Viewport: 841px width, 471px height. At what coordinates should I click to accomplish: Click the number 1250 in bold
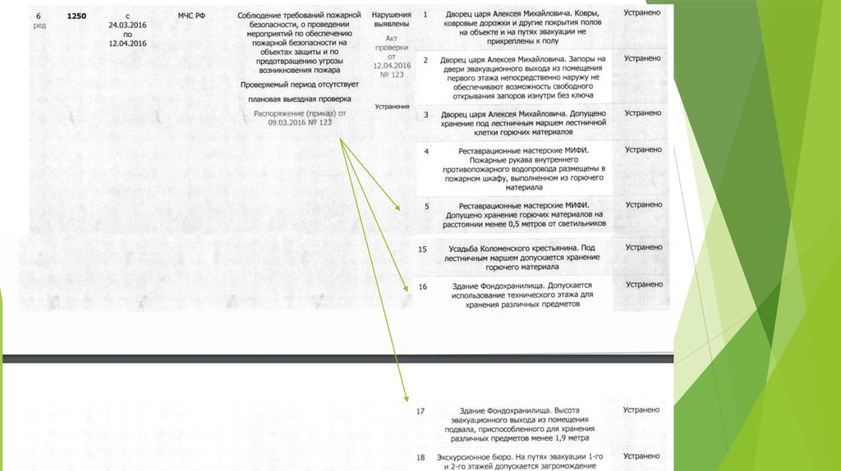pyautogui.click(x=76, y=16)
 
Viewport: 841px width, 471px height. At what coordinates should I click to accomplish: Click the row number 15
pyautogui.click(x=422, y=249)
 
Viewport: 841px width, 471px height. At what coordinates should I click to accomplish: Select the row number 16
pyautogui.click(x=422, y=286)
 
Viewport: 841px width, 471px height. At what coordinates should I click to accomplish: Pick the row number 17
pyautogui.click(x=420, y=410)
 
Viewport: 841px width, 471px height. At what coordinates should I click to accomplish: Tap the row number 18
pyautogui.click(x=420, y=457)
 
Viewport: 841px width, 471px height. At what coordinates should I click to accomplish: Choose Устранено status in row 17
pyautogui.click(x=641, y=409)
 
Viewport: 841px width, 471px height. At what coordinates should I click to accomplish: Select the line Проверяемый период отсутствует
pyautogui.click(x=300, y=84)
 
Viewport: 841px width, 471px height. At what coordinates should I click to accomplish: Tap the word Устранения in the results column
pyautogui.click(x=391, y=107)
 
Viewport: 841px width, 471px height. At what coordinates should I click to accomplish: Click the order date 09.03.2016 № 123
pyautogui.click(x=299, y=121)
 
